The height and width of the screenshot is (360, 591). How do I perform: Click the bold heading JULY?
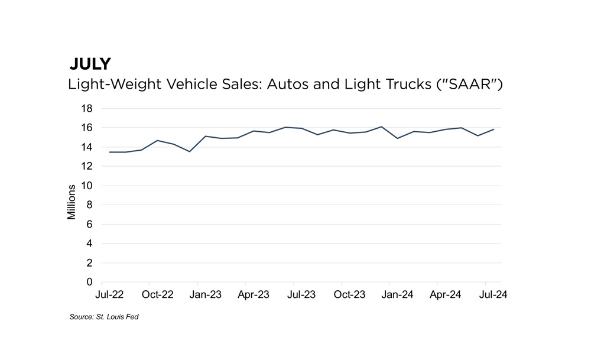pyautogui.click(x=90, y=64)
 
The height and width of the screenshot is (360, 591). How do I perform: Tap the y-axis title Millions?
pyautogui.click(x=72, y=202)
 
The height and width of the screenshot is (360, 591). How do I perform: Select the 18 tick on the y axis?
pyautogui.click(x=87, y=109)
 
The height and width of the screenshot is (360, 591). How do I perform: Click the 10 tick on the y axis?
pyautogui.click(x=87, y=186)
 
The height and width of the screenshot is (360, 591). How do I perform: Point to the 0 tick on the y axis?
pyautogui.click(x=90, y=282)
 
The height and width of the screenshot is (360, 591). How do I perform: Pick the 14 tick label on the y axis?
pyautogui.click(x=87, y=147)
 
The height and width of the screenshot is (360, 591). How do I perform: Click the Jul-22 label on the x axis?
pyautogui.click(x=110, y=294)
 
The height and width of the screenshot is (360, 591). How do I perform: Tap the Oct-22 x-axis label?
pyautogui.click(x=158, y=294)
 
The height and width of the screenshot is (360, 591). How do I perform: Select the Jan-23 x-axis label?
pyautogui.click(x=206, y=294)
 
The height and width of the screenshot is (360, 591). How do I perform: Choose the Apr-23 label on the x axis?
pyautogui.click(x=254, y=294)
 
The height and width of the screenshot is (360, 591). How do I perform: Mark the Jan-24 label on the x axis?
pyautogui.click(x=398, y=294)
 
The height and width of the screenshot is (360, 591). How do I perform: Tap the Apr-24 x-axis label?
pyautogui.click(x=446, y=294)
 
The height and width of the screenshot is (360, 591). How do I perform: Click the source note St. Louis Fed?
pyautogui.click(x=104, y=317)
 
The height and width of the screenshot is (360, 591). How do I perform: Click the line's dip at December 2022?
pyautogui.click(x=190, y=151)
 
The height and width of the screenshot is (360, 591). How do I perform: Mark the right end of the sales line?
pyautogui.click(x=494, y=129)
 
